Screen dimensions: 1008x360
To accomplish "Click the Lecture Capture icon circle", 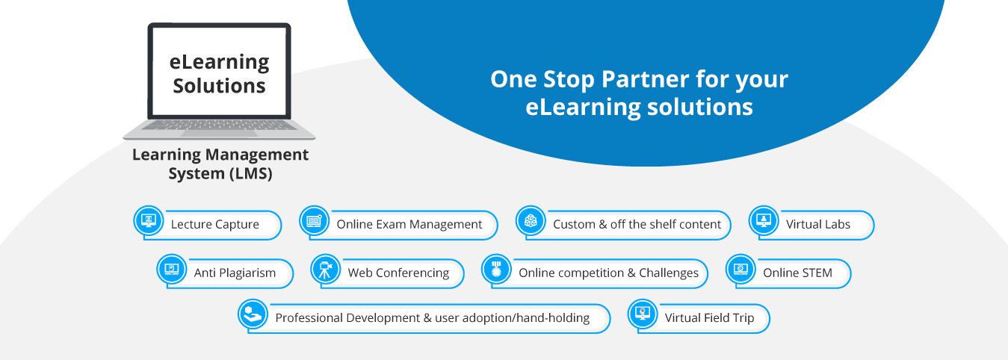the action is tap(149, 220).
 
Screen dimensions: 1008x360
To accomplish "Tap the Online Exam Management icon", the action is tap(314, 220).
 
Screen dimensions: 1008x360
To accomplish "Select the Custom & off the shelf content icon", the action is tap(531, 220).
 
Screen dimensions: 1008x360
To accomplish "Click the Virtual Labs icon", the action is tap(764, 220).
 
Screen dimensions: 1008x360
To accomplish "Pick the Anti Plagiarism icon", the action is tap(171, 269).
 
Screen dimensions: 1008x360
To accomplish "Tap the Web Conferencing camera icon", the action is tap(325, 269).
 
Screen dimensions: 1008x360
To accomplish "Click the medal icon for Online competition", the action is tap(496, 269).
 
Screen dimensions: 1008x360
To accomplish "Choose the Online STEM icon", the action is tap(740, 269).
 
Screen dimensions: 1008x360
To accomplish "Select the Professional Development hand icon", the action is tap(253, 314).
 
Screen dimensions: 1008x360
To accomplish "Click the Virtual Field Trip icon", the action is tap(643, 314).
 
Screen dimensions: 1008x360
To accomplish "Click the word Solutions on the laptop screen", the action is tap(219, 85).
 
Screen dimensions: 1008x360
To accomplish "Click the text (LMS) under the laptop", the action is tap(251, 174).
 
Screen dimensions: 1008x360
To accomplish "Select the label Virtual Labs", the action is tap(818, 224).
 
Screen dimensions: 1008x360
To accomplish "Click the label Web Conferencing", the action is tap(399, 273).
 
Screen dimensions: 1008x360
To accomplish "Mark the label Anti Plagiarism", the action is tap(235, 273).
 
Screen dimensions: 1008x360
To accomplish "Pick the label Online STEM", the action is tap(797, 273).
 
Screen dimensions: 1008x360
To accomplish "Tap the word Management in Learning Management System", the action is tap(257, 155).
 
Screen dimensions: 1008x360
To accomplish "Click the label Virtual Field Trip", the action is tap(710, 317).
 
